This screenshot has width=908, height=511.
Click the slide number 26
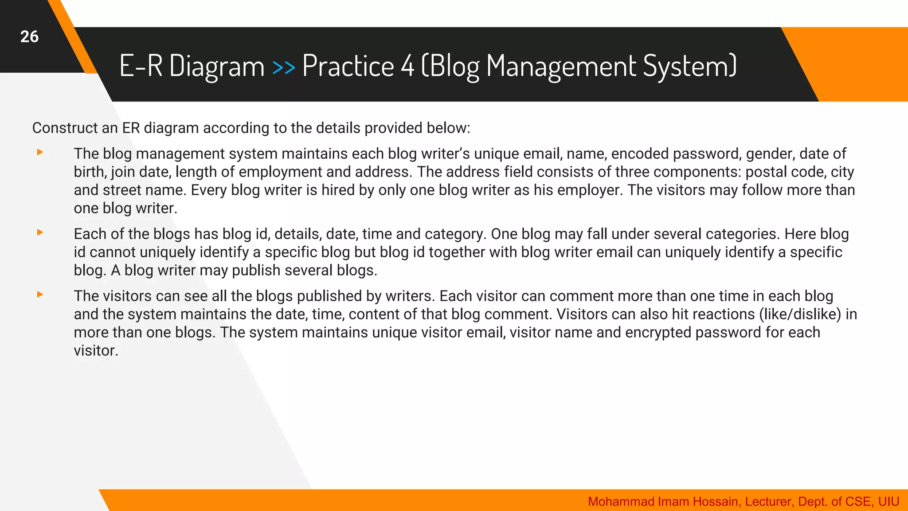pyautogui.click(x=29, y=37)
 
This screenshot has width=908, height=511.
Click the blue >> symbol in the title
pyautogui.click(x=283, y=67)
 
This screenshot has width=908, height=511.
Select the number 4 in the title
pyautogui.click(x=407, y=66)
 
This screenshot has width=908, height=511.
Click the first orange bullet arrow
pyautogui.click(x=40, y=153)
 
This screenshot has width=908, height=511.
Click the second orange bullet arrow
pyautogui.click(x=40, y=232)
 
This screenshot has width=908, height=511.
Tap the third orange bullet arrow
pyautogui.click(x=40, y=295)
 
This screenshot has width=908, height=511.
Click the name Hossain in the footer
pyautogui.click(x=716, y=502)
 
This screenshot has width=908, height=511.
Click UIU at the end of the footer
pyautogui.click(x=888, y=502)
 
